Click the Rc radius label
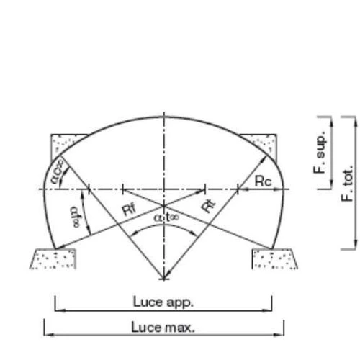[264, 181]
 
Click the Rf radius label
[130, 210]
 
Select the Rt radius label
[208, 206]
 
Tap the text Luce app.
[163, 302]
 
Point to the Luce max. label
[163, 327]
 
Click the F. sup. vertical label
[320, 152]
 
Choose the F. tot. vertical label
[347, 183]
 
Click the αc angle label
[57, 171]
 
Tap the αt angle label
[166, 217]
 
